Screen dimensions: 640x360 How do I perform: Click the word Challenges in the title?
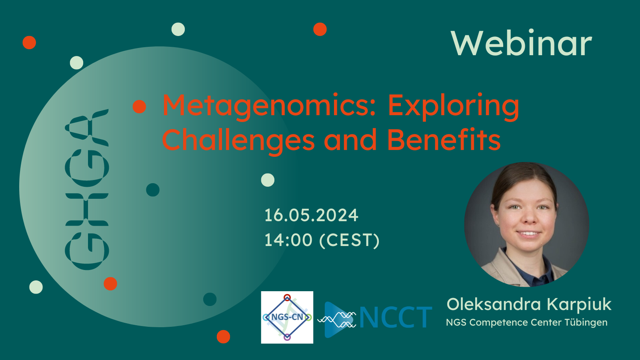click(238, 140)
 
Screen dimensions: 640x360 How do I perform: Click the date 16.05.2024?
click(311, 215)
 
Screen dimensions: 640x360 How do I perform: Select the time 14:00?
click(288, 240)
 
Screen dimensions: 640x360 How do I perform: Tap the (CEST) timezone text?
click(349, 240)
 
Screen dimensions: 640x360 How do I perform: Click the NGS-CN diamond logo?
click(287, 317)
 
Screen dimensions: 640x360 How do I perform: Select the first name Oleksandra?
click(494, 304)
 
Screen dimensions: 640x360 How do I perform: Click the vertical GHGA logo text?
click(87, 190)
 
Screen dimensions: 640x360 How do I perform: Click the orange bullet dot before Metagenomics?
click(140, 106)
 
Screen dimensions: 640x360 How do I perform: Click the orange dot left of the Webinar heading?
click(320, 29)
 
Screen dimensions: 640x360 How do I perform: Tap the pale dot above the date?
click(268, 180)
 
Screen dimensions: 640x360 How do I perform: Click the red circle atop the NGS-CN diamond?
click(287, 297)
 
